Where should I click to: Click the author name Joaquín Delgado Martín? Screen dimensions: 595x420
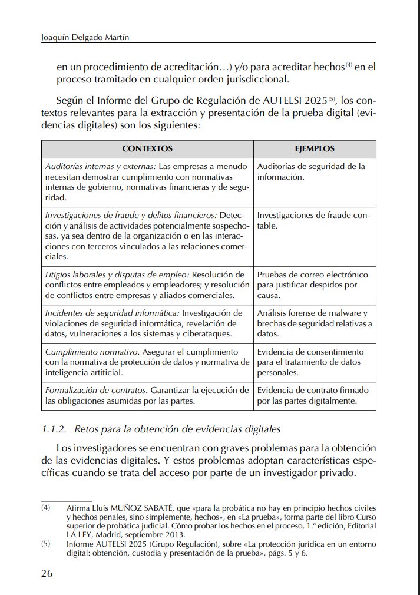tap(85, 38)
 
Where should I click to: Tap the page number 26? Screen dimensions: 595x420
tap(48, 573)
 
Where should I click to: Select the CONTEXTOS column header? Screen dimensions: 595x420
tap(147, 149)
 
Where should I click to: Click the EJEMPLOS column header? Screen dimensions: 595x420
tap(315, 149)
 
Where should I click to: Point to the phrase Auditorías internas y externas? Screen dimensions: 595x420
tap(101, 166)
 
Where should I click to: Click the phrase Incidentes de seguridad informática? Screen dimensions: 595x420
tap(112, 312)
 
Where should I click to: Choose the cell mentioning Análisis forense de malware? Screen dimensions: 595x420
tap(315, 322)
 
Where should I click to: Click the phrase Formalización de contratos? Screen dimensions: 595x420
tap(95, 390)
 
